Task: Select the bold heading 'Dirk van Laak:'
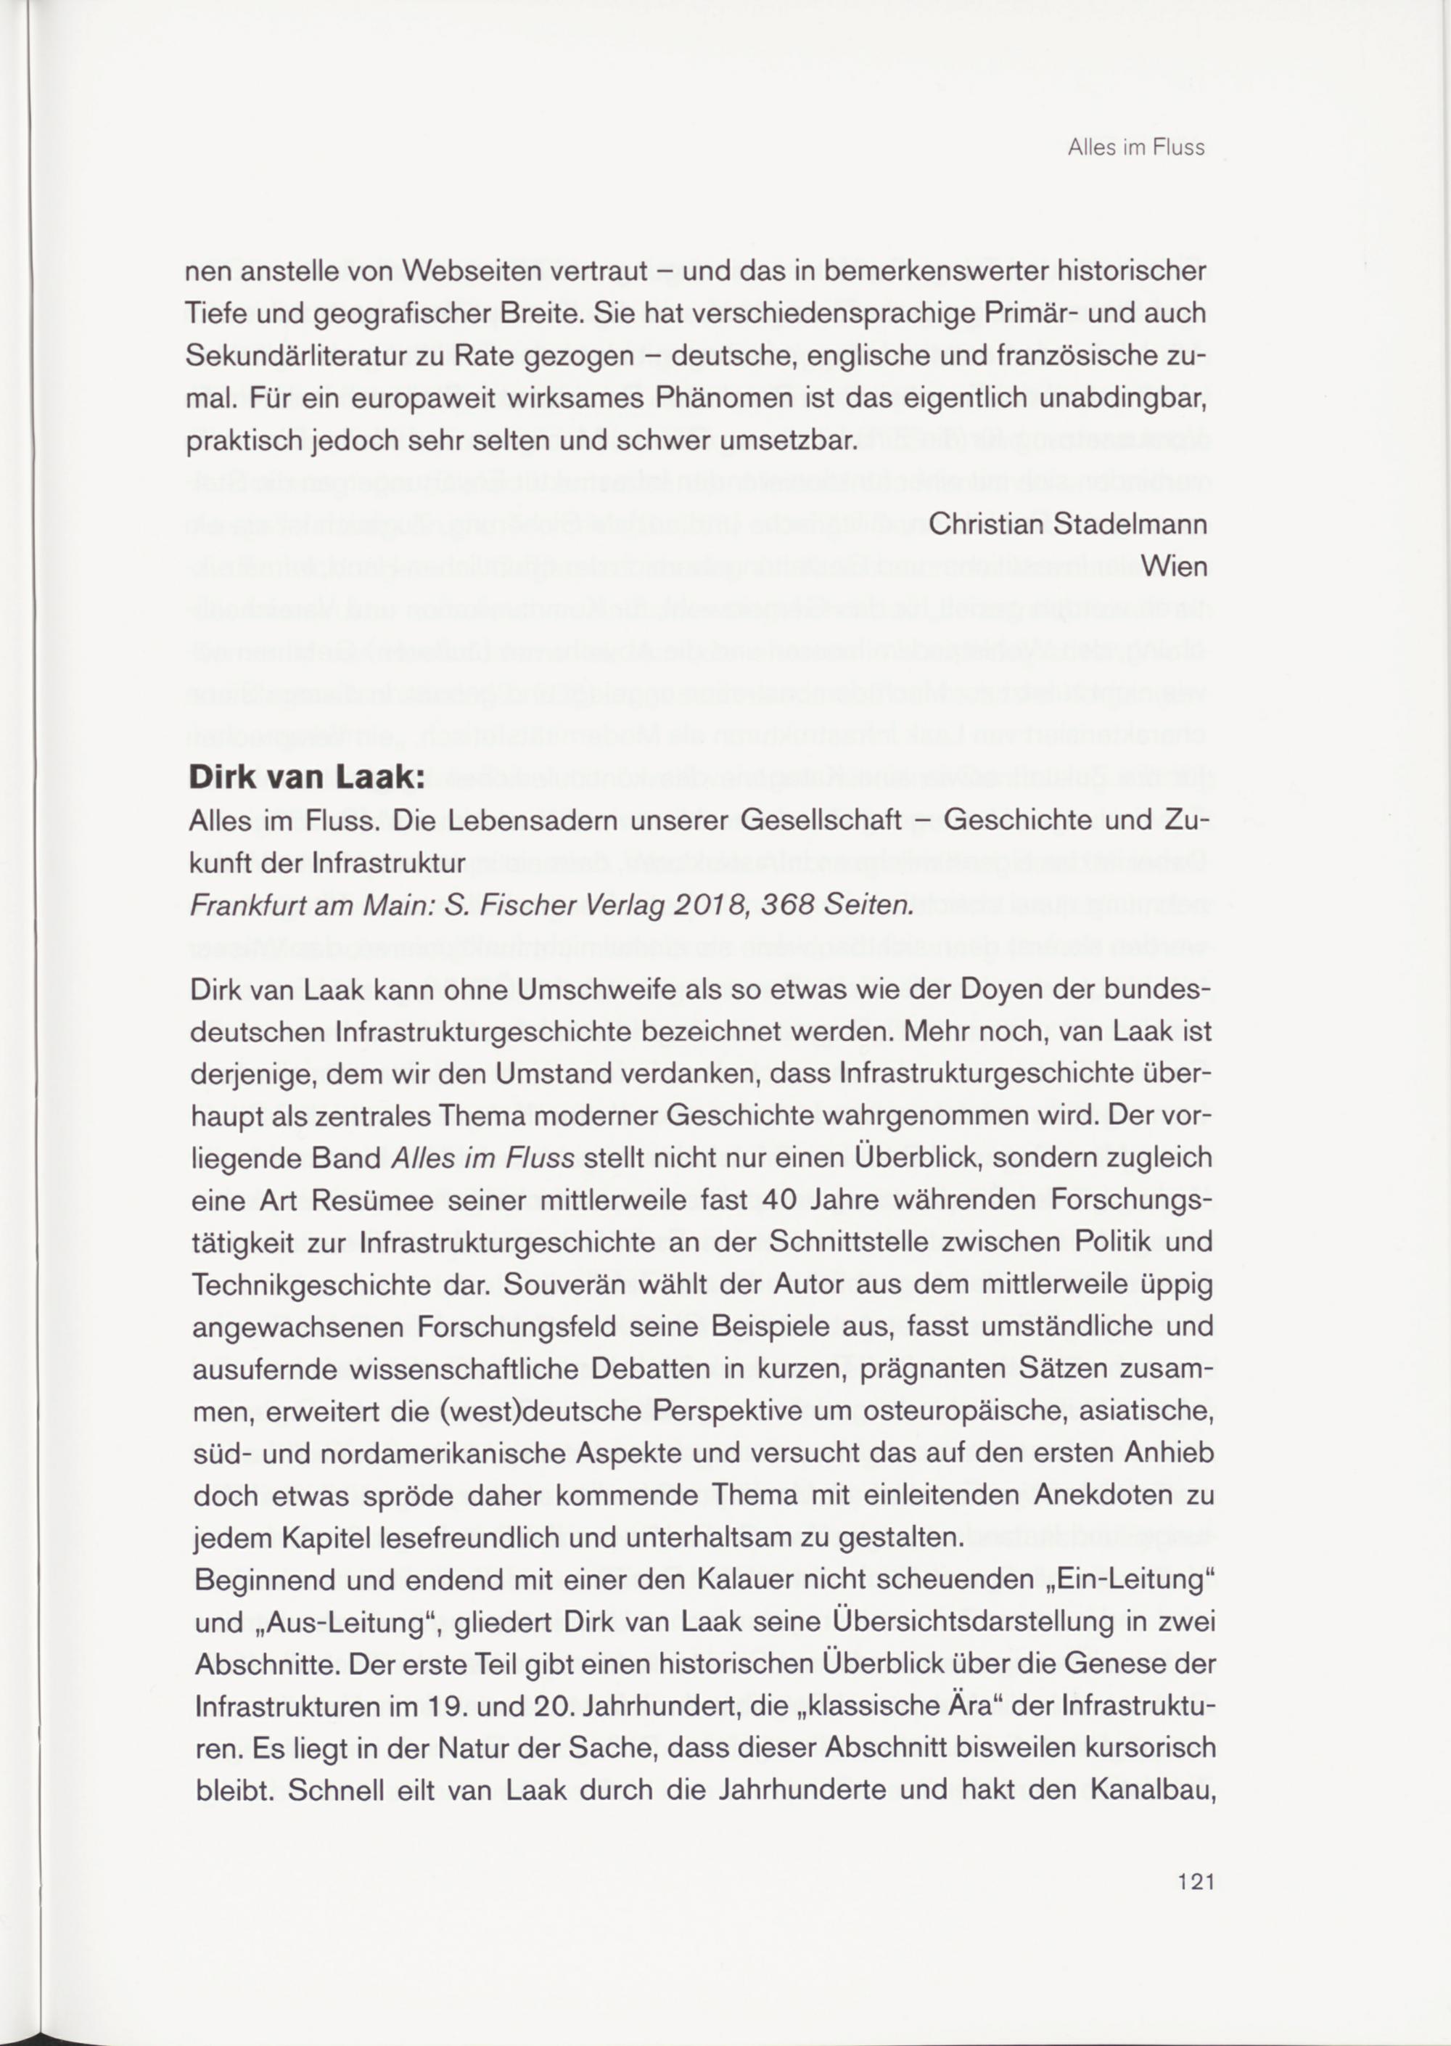tap(304, 777)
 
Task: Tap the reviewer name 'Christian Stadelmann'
tap(1068, 524)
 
